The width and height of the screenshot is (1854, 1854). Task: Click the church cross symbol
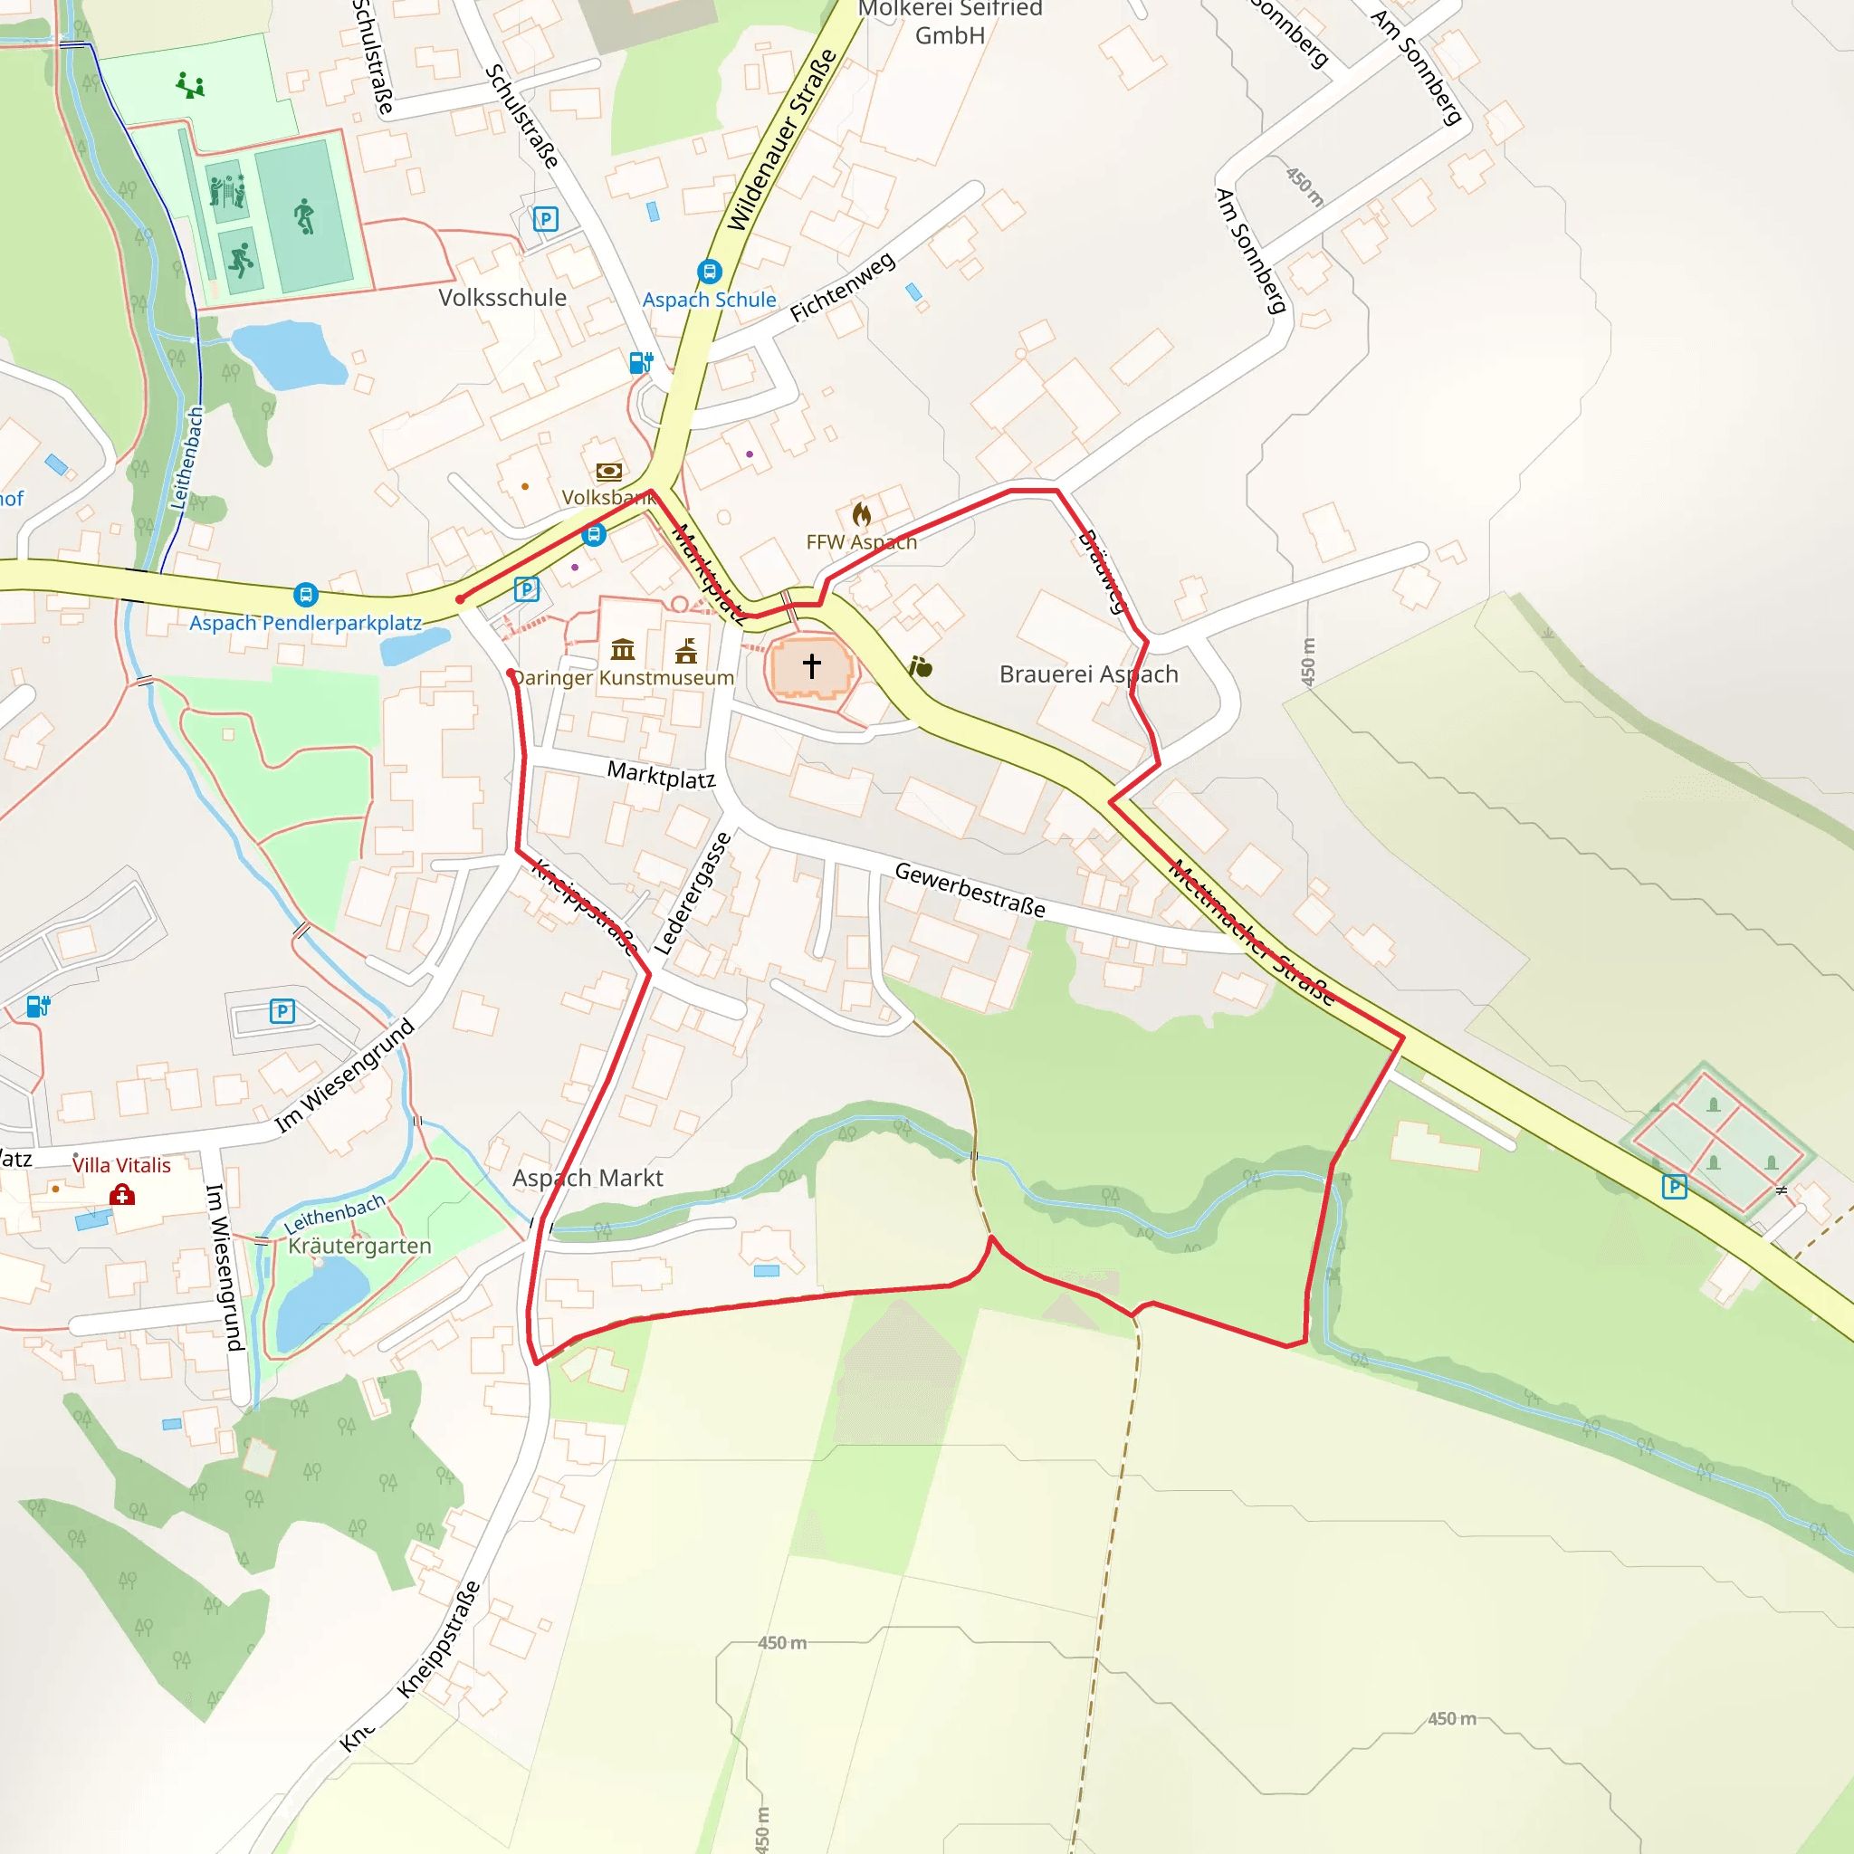812,666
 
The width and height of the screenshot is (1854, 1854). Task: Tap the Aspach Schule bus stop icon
709,272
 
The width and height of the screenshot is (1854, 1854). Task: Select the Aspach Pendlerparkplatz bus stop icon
305,595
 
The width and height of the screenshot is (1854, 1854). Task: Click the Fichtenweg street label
843,287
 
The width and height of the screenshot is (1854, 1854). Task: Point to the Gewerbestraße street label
970,890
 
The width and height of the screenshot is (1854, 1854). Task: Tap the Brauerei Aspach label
1088,674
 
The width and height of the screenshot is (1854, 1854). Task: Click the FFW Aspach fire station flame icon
862,515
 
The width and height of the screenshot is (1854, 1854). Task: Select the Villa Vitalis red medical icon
122,1195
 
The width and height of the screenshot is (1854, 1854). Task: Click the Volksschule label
502,298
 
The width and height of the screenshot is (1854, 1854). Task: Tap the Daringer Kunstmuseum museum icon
623,650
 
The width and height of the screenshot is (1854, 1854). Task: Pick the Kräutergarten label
360,1246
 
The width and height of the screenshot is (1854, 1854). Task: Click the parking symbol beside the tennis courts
1675,1187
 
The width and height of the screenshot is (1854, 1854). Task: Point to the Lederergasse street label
693,894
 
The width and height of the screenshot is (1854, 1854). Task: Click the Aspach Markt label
588,1178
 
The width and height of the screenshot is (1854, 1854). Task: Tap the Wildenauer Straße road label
781,140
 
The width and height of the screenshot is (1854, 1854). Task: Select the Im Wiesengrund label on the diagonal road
345,1075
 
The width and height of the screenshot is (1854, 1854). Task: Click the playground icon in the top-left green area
190,86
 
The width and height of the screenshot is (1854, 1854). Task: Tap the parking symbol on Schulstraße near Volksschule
545,219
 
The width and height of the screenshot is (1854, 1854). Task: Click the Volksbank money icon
608,471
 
